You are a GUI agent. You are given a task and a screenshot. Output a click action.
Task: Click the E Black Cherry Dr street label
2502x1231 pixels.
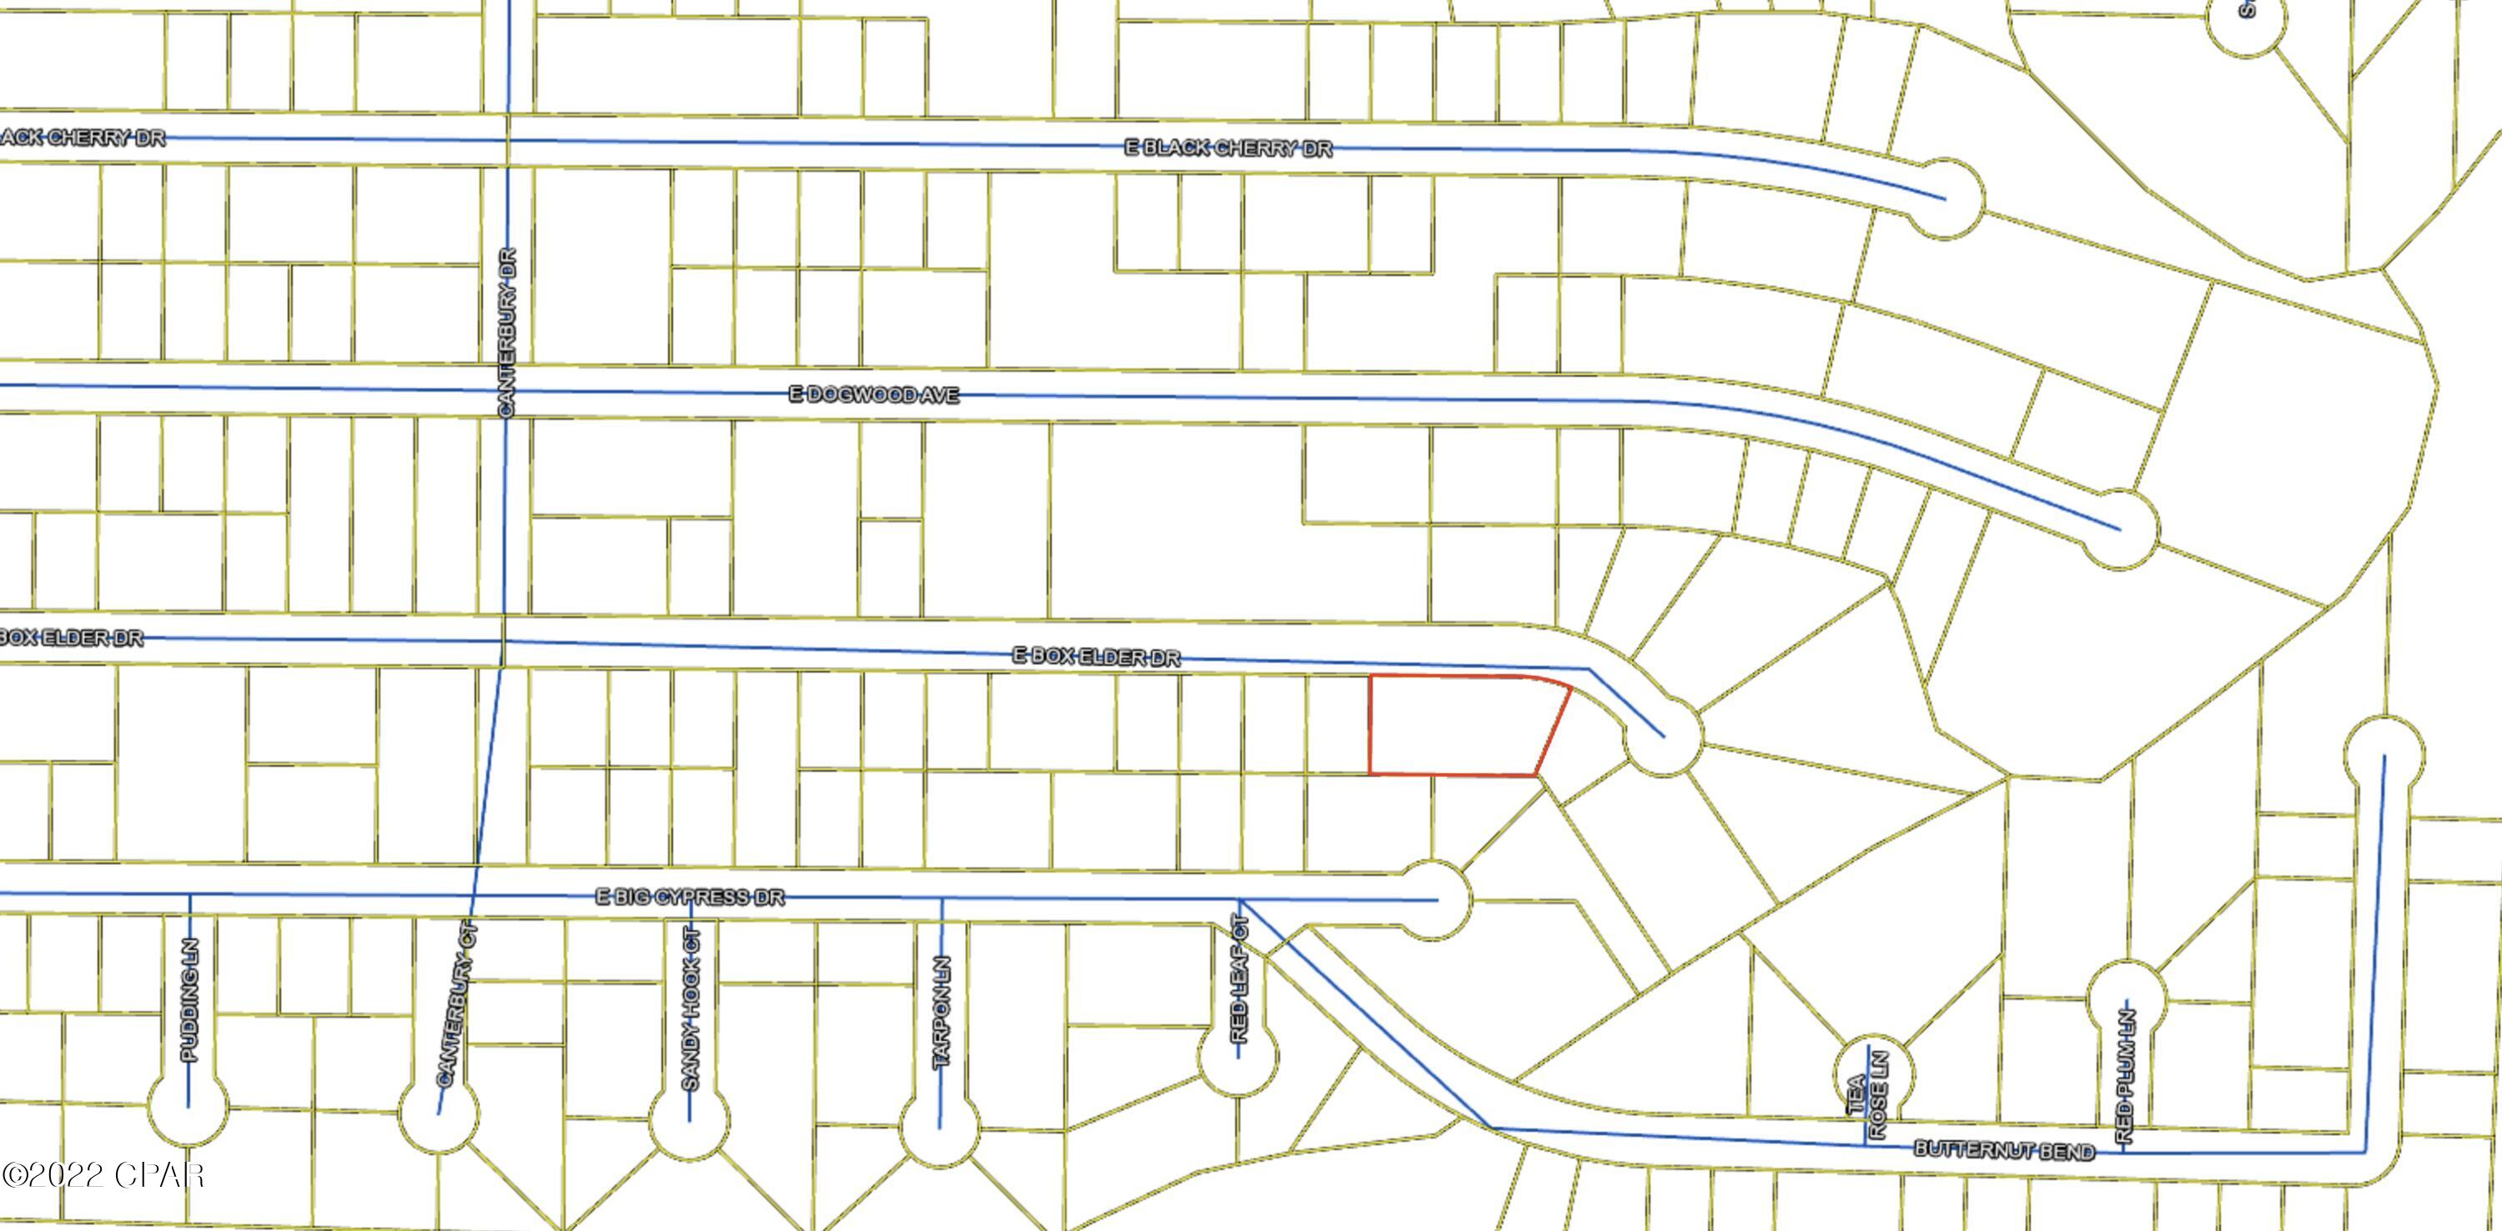[1228, 148]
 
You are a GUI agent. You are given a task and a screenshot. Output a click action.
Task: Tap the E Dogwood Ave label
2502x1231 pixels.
[873, 395]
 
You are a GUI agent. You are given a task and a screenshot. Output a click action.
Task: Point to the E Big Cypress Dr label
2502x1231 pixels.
[690, 896]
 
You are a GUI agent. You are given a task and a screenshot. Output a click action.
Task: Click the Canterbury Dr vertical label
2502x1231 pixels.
[507, 333]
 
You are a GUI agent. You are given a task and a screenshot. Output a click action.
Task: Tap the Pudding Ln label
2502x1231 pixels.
[189, 1000]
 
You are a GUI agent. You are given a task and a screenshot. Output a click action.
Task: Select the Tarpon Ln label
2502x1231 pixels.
[941, 1013]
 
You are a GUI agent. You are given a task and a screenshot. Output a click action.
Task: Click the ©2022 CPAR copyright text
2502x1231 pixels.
[103, 1176]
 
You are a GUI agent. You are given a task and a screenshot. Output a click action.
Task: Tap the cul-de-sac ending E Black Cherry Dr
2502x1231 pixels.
[1945, 199]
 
